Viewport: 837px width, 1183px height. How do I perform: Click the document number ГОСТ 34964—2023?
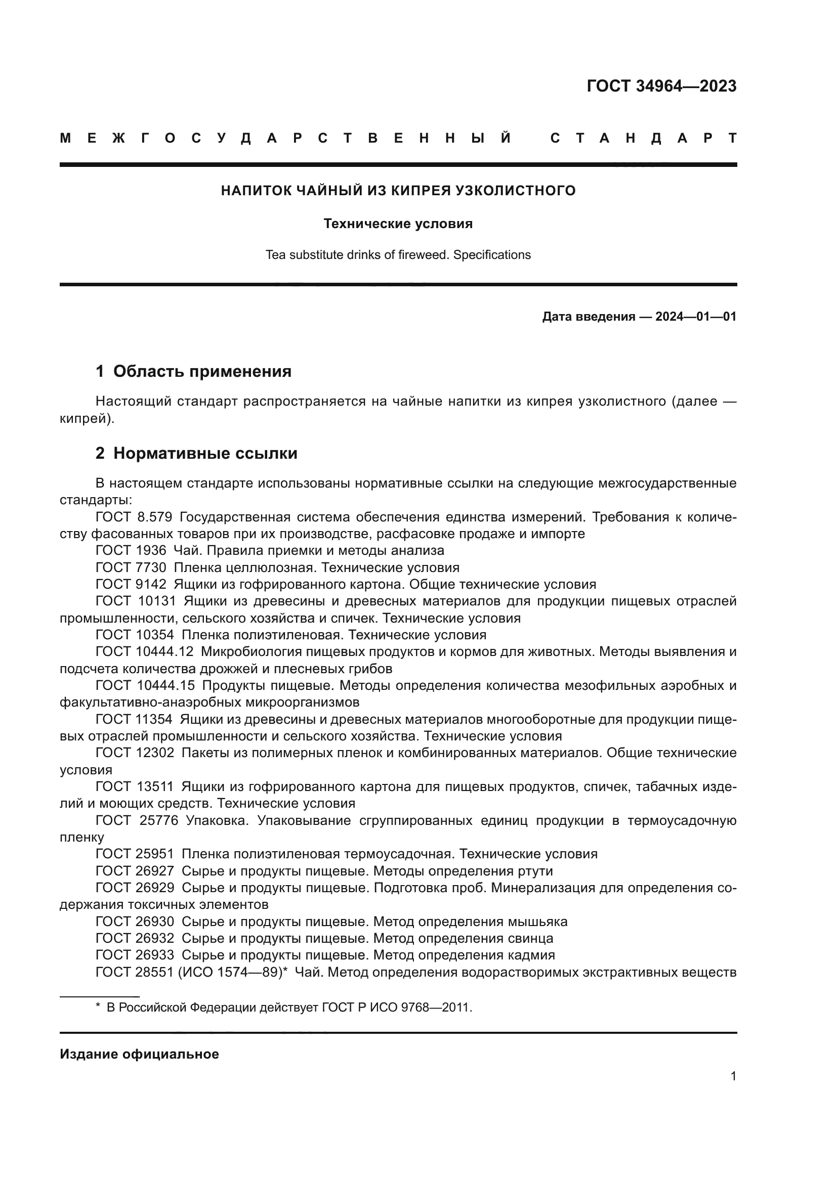tap(661, 86)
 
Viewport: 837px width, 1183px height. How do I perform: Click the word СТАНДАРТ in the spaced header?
tap(643, 138)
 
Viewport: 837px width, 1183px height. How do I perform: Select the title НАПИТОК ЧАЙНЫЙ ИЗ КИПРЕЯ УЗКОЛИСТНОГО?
tap(398, 191)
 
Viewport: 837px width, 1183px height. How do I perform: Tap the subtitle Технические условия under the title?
tap(398, 224)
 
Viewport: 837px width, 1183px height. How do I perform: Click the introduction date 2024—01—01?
tap(696, 316)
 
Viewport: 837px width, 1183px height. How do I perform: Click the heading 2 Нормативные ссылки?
tap(196, 453)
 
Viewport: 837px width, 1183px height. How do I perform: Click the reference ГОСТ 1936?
tap(131, 550)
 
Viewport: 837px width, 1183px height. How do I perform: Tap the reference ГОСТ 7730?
tap(131, 567)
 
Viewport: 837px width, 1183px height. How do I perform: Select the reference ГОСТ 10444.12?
tap(144, 652)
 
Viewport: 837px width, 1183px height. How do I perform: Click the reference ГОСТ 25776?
tap(137, 820)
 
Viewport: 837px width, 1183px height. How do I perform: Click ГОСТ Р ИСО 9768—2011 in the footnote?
tap(396, 1007)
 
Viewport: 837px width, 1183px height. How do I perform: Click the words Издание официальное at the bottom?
tap(139, 1054)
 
